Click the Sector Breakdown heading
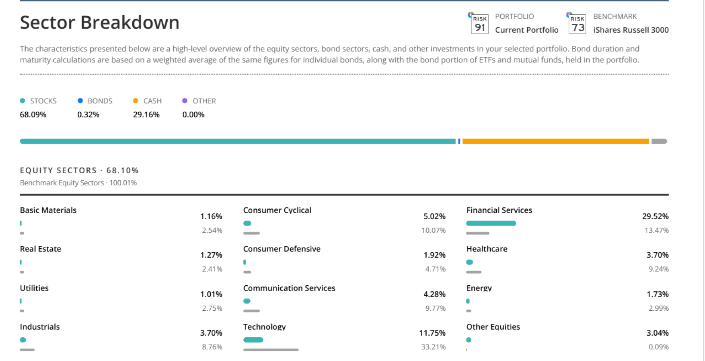click(99, 23)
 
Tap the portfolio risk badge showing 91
click(479, 25)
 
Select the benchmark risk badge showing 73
click(578, 25)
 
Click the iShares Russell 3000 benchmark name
click(631, 30)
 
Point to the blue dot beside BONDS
click(80, 101)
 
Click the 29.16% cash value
click(146, 115)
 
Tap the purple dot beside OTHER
click(185, 101)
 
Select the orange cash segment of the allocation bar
click(555, 141)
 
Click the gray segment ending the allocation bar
click(659, 141)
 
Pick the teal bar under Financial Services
click(491, 223)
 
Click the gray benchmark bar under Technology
click(271, 350)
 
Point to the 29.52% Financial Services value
click(655, 216)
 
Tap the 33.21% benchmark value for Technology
click(433, 347)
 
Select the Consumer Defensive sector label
click(282, 249)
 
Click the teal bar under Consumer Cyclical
click(247, 223)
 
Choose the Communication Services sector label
click(289, 288)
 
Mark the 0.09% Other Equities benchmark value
click(658, 347)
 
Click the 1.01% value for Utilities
click(211, 294)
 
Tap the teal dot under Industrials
click(23, 340)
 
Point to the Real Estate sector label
click(40, 249)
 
